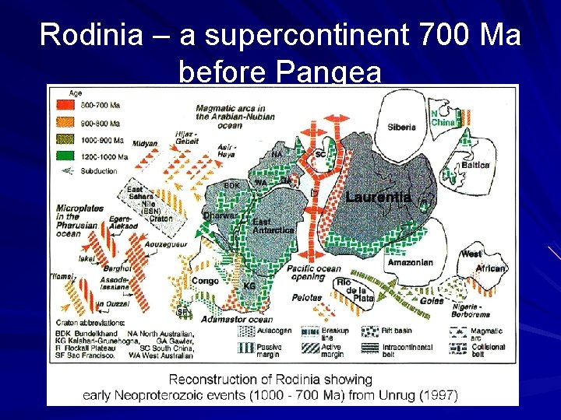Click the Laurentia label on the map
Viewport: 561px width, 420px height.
click(379, 198)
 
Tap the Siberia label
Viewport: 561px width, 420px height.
click(402, 128)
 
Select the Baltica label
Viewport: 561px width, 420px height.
click(475, 165)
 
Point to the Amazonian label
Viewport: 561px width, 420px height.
click(410, 263)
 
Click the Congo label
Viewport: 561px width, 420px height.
click(204, 281)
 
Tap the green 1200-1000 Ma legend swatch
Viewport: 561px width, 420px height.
click(59, 156)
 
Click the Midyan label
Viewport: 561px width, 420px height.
click(146, 143)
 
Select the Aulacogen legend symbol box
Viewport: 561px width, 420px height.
click(246, 331)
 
